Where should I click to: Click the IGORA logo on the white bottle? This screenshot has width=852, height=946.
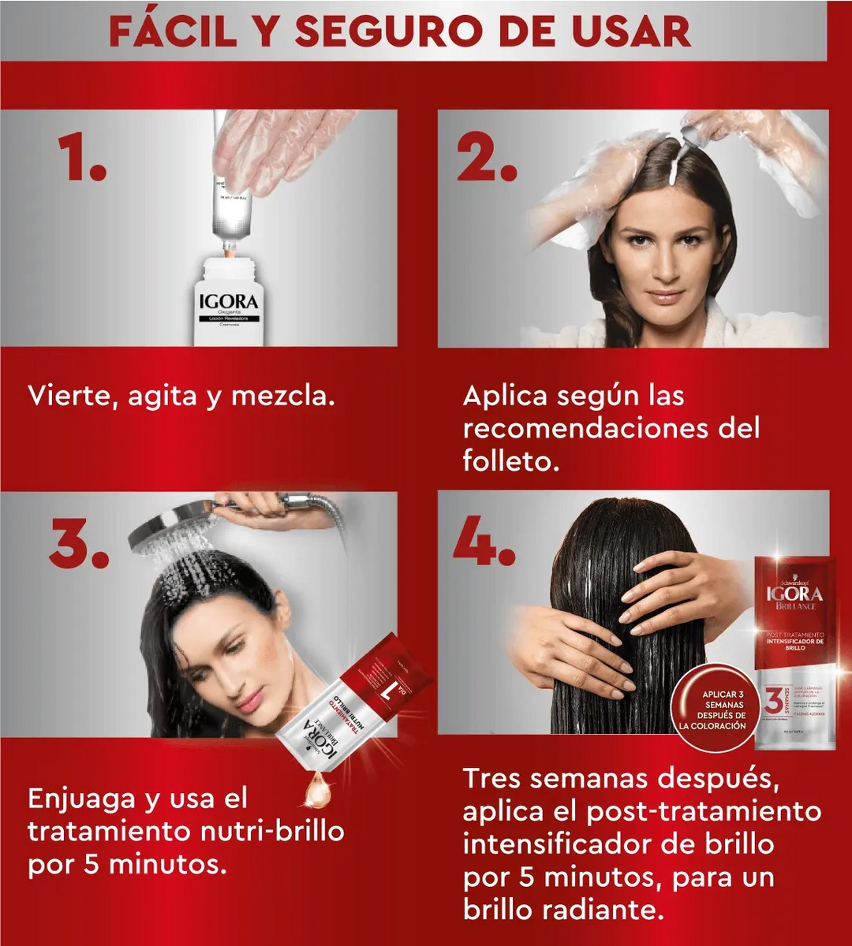click(227, 302)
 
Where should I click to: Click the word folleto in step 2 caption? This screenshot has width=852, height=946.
click(510, 461)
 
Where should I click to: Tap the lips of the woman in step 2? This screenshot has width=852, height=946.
click(664, 296)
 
